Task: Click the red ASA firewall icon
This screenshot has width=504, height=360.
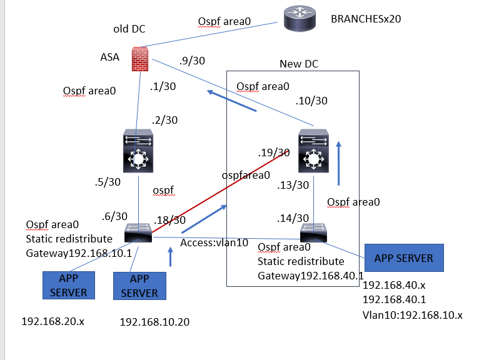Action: pos(139,59)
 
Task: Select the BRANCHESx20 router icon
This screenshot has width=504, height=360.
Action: pos(300,19)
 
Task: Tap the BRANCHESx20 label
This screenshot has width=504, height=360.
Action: pos(365,19)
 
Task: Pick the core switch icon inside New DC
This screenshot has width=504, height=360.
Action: pos(312,152)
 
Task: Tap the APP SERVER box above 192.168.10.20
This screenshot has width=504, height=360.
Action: pos(136,286)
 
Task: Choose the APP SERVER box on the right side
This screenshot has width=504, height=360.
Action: pos(403,257)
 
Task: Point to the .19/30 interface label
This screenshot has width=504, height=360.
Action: pos(273,152)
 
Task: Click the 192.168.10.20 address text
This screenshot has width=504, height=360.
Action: pos(154,322)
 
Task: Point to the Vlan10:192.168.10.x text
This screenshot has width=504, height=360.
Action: pos(413,314)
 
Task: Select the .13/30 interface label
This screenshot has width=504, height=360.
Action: pos(293,185)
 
